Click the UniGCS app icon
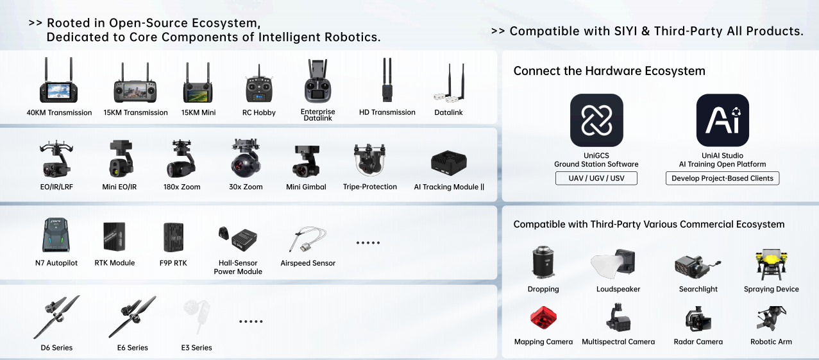pos(596,120)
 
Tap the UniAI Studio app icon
pos(722,120)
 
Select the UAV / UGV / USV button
pos(596,178)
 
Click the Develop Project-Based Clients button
pos(722,178)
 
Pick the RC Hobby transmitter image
pos(259,85)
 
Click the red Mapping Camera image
pos(543,318)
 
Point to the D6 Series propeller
pos(57,316)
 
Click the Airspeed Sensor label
pos(308,263)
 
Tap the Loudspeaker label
pos(618,289)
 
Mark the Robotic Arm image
pos(771,318)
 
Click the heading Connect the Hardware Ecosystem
pos(609,71)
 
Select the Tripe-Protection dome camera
pos(369,161)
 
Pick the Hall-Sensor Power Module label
pos(238,267)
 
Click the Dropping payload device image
pos(543,264)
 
